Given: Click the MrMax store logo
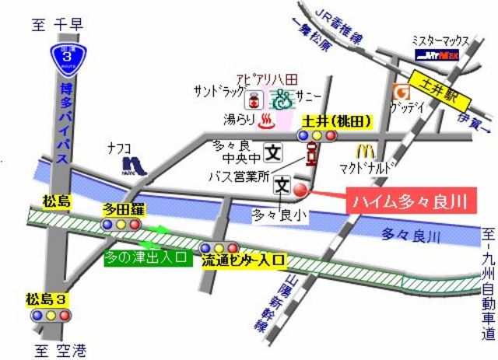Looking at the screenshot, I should (437, 55).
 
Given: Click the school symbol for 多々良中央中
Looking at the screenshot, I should (273, 151).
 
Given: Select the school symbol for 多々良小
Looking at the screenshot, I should (282, 187).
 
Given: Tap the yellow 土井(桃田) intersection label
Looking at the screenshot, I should (336, 121).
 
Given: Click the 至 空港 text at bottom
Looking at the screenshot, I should (55, 349).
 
